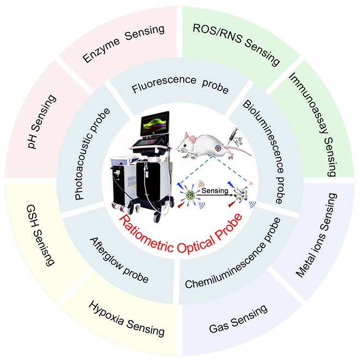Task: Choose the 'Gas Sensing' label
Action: click(238, 319)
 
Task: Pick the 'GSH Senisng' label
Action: click(40, 235)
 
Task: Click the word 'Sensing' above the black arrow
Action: click(211, 192)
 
